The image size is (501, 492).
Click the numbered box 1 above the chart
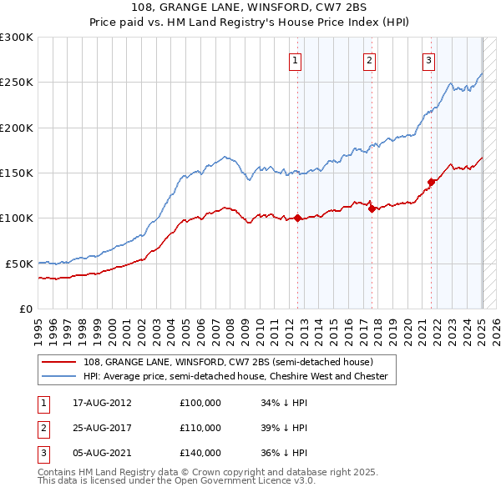[x=296, y=59]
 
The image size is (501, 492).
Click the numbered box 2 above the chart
[x=369, y=59]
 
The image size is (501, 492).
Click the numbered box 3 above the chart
[x=428, y=59]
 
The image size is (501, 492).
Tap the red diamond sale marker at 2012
[x=298, y=218]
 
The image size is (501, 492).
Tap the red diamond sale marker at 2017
[x=372, y=209]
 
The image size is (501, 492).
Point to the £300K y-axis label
[x=16, y=38]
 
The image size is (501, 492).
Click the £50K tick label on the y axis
[x=18, y=264]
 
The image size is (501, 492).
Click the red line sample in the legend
[x=59, y=362]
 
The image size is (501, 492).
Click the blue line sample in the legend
[x=59, y=377]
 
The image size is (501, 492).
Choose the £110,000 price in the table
[x=200, y=428]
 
